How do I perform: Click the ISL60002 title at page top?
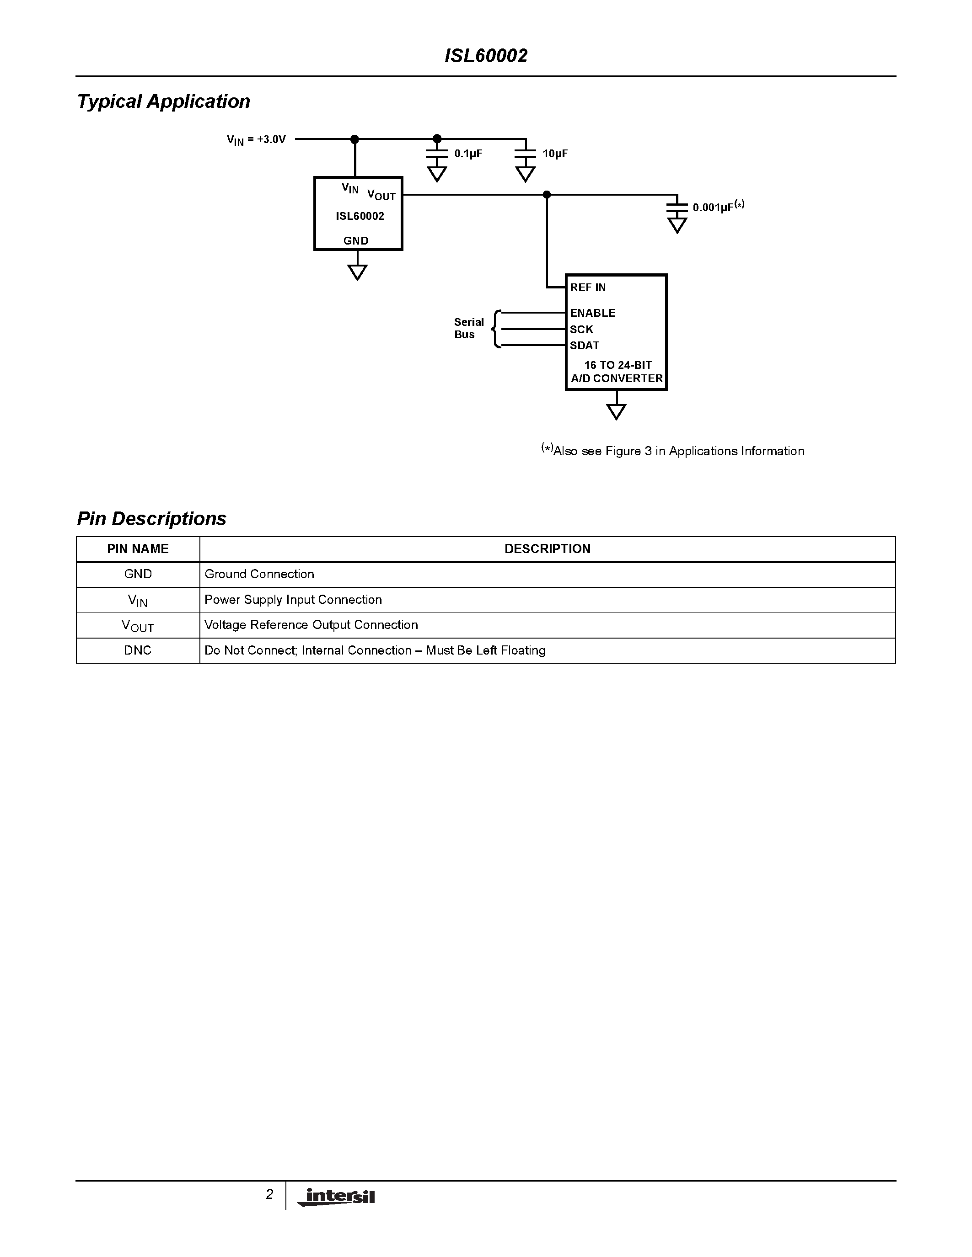coord(486,56)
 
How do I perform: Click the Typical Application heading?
coord(164,101)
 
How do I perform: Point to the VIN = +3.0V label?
coord(256,140)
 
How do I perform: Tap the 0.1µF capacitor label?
coord(467,154)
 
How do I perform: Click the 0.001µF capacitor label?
coord(718,207)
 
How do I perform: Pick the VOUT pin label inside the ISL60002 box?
coord(381,195)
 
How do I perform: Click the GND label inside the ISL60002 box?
coord(356,240)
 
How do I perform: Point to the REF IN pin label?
coord(588,287)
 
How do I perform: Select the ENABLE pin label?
coord(592,313)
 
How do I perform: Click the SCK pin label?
coord(581,329)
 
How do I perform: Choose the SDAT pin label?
coord(585,345)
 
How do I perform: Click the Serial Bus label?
coord(468,328)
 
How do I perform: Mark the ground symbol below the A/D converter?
coord(616,411)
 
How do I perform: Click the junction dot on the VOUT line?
coord(547,195)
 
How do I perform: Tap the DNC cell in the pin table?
coord(138,650)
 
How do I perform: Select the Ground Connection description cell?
coord(259,574)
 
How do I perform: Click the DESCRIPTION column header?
coord(547,549)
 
